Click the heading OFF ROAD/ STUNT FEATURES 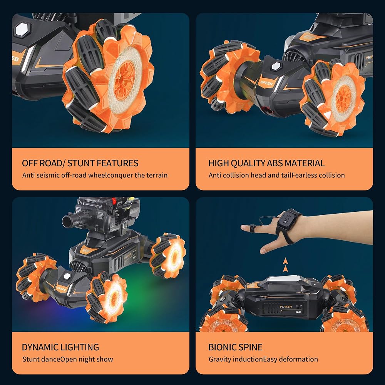pyautogui.click(x=80, y=163)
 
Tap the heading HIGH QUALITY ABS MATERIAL pyautogui.click(x=266, y=163)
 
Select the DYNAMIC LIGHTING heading pyautogui.click(x=60, y=347)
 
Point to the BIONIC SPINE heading pyautogui.click(x=235, y=347)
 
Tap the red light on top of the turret pyautogui.click(x=114, y=201)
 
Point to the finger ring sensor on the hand pyautogui.click(x=252, y=228)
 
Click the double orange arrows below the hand pyautogui.click(x=285, y=265)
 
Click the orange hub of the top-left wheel pyautogui.click(x=125, y=80)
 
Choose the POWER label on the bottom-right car pyautogui.click(x=286, y=306)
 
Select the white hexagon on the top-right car pyautogui.click(x=276, y=66)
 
